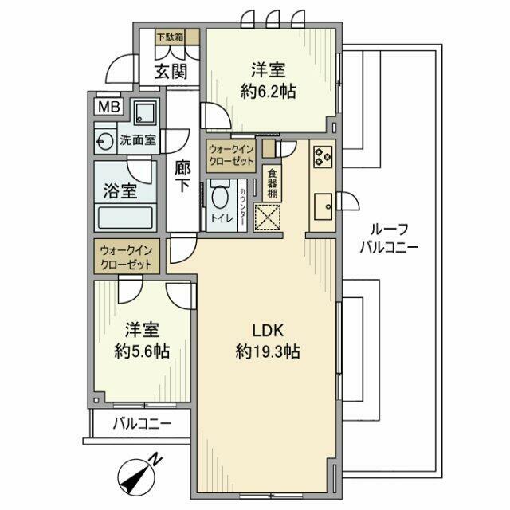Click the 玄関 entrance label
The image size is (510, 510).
[x=170, y=71]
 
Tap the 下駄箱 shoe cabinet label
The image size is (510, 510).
[x=169, y=37]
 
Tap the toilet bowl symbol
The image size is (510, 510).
[x=219, y=196]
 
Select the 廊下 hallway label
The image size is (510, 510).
[x=182, y=175]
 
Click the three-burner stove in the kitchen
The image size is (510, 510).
[x=322, y=156]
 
